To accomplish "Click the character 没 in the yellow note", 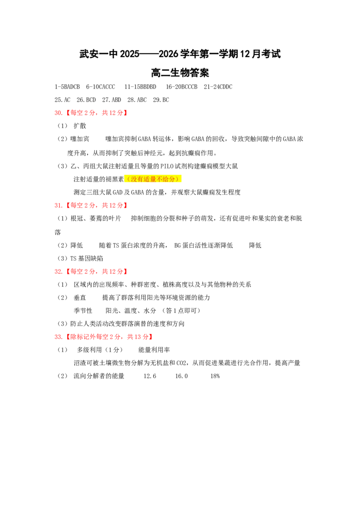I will [134, 179].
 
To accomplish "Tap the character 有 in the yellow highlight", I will [139, 179].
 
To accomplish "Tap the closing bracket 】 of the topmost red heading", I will [126, 113].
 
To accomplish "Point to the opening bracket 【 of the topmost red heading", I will [68, 113].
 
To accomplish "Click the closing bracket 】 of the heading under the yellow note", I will [126, 205].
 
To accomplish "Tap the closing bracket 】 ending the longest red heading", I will [151, 336].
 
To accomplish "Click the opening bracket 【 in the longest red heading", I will [68, 336].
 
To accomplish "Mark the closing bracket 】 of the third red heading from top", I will [126, 272].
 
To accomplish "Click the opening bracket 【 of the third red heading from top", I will [68, 272].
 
